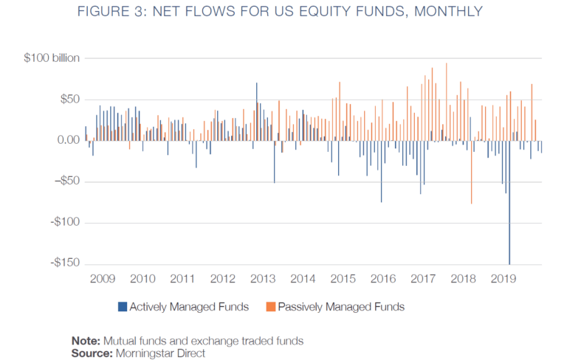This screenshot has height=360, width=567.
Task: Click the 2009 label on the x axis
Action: pyautogui.click(x=102, y=279)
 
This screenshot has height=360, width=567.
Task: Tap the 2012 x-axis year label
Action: pyautogui.click(x=222, y=279)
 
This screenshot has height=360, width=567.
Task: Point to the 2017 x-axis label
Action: pyautogui.click(x=423, y=279)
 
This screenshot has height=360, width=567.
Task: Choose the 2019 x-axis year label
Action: pyautogui.click(x=503, y=279)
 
